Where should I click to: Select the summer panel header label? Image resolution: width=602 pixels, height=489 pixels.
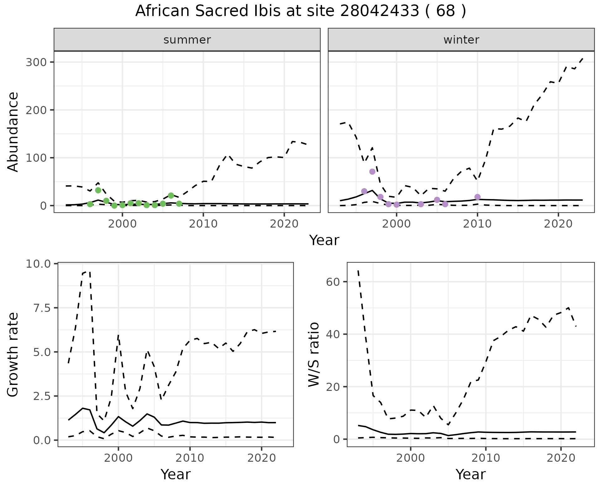pyautogui.click(x=187, y=40)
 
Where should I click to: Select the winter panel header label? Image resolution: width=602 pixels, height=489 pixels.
pyautogui.click(x=461, y=40)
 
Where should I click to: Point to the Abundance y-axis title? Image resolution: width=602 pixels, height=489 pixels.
pyautogui.click(x=13, y=132)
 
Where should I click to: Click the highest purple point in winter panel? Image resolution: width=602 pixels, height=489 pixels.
pyautogui.click(x=372, y=171)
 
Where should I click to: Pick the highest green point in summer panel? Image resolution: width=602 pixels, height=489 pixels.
pyautogui.click(x=98, y=190)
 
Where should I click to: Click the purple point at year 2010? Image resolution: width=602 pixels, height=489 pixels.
pyautogui.click(x=478, y=197)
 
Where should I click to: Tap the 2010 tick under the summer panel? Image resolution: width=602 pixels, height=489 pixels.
pyautogui.click(x=203, y=224)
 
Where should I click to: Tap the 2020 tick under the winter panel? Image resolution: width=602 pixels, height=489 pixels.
pyautogui.click(x=558, y=224)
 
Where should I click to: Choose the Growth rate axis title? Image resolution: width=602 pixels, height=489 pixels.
pyautogui.click(x=13, y=355)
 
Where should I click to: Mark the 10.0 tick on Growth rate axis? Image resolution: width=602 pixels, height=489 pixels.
pyautogui.click(x=38, y=264)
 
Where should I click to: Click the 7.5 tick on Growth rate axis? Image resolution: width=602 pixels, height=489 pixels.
pyautogui.click(x=42, y=308)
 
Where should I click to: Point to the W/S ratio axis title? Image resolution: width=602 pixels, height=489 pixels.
pyautogui.click(x=314, y=355)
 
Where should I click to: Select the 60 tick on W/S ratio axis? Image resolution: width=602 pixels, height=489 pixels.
pyautogui.click(x=334, y=282)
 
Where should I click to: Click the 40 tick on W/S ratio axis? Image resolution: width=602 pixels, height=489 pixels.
pyautogui.click(x=334, y=334)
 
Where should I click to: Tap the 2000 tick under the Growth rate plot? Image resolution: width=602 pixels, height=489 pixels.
pyautogui.click(x=118, y=458)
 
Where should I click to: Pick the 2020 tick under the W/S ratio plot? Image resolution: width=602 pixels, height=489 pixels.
pyautogui.click(x=561, y=458)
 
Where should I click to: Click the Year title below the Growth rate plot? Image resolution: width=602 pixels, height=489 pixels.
pyautogui.click(x=176, y=474)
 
